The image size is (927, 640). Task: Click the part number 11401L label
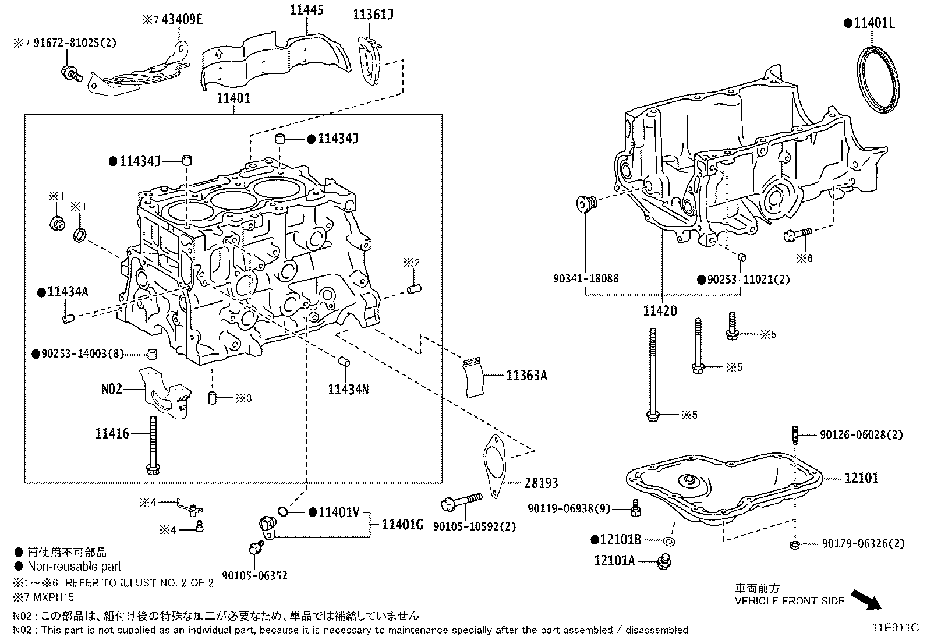pyautogui.click(x=873, y=23)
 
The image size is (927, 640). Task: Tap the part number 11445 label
pyautogui.click(x=307, y=9)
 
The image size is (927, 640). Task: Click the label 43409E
pyautogui.click(x=182, y=20)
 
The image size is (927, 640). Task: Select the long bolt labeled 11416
pyautogui.click(x=153, y=445)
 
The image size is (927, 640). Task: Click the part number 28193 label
pyautogui.click(x=541, y=483)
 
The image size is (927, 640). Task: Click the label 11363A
pyautogui.click(x=526, y=376)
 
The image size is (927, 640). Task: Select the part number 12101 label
pyautogui.click(x=861, y=478)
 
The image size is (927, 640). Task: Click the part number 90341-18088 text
pyautogui.click(x=585, y=279)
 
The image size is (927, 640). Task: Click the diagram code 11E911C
pyautogui.click(x=894, y=628)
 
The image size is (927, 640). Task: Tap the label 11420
pyautogui.click(x=660, y=311)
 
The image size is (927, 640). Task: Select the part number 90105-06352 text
pyautogui.click(x=254, y=577)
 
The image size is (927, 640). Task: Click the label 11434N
pyautogui.click(x=348, y=389)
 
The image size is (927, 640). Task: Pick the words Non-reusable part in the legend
pyautogui.click(x=75, y=566)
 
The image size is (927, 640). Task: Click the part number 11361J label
pyautogui.click(x=373, y=14)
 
